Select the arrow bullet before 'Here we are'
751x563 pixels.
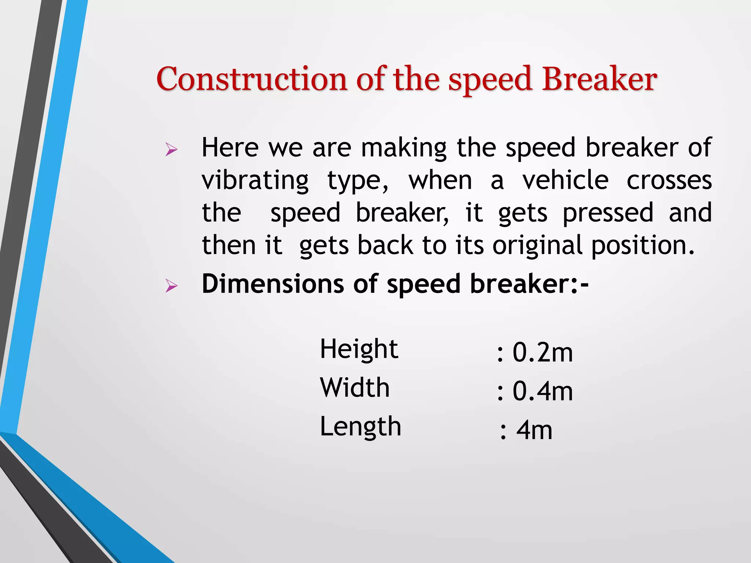(x=171, y=150)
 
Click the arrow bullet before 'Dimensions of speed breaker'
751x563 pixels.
(x=171, y=286)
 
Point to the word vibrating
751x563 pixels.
(x=255, y=181)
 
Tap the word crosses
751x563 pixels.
(x=669, y=181)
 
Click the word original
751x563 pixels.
(x=537, y=246)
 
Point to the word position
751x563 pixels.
(x=642, y=246)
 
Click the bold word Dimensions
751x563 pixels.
(x=272, y=284)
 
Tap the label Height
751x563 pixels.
(x=359, y=349)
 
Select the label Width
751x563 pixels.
(x=355, y=387)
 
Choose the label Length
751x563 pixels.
(x=360, y=427)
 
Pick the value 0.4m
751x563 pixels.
(x=542, y=391)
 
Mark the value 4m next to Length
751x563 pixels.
(x=534, y=430)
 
